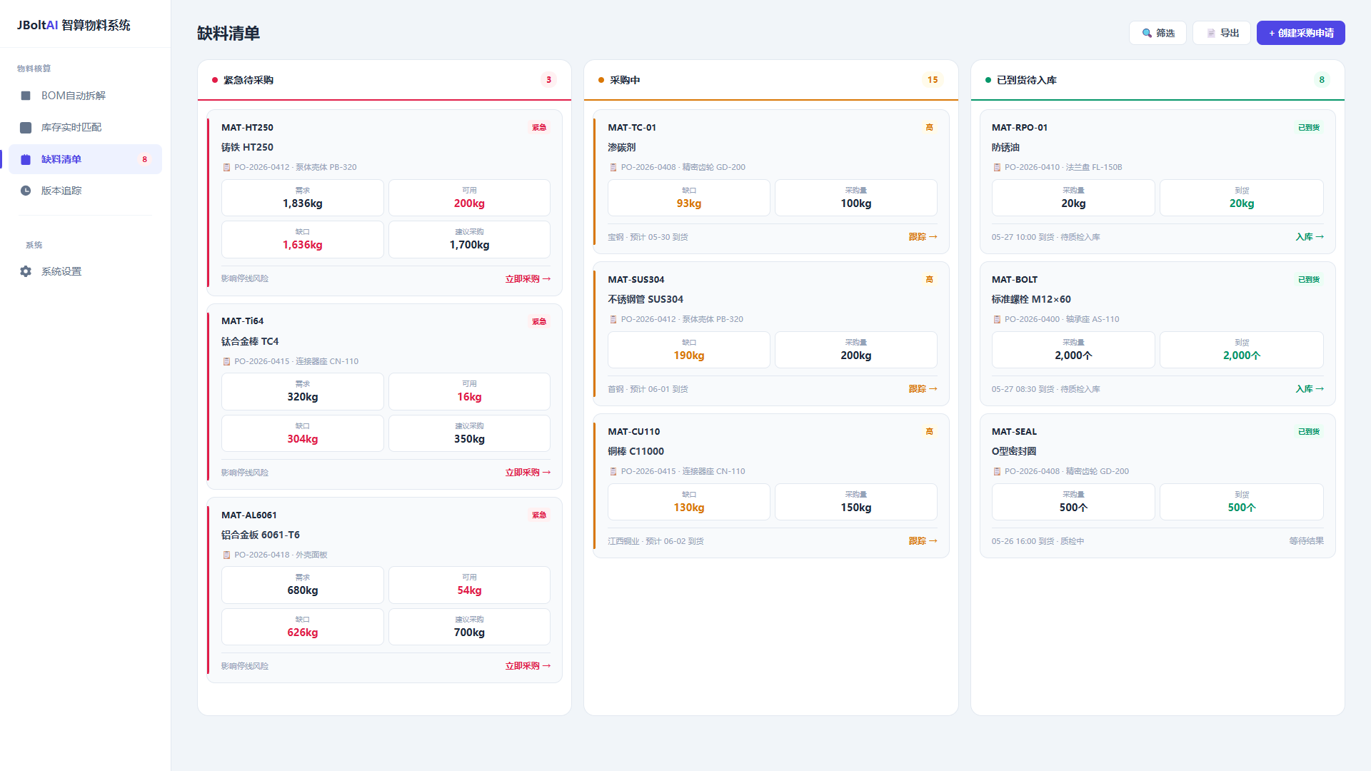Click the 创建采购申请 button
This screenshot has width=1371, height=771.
coord(1300,33)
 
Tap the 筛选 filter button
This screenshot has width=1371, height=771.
coord(1157,33)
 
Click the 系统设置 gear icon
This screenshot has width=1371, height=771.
coord(26,271)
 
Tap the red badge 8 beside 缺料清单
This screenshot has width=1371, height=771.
coord(145,159)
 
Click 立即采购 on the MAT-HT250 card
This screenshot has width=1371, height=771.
coord(528,279)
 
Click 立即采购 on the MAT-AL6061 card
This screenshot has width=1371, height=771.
coord(528,666)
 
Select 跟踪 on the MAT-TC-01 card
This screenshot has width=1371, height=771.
coord(923,237)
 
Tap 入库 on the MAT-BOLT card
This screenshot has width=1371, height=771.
coord(1310,389)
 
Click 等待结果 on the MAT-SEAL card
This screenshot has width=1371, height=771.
coord(1306,541)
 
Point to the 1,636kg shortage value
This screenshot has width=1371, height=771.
coord(303,245)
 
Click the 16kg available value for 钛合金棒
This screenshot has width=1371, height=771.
coord(469,397)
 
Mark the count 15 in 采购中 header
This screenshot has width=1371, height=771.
coord(933,80)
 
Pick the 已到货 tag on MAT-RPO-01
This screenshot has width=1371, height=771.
coord(1309,128)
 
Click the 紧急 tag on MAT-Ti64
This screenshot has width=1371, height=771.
coord(539,321)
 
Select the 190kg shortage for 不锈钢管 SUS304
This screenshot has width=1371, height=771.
coord(689,356)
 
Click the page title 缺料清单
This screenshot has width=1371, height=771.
coord(228,34)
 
